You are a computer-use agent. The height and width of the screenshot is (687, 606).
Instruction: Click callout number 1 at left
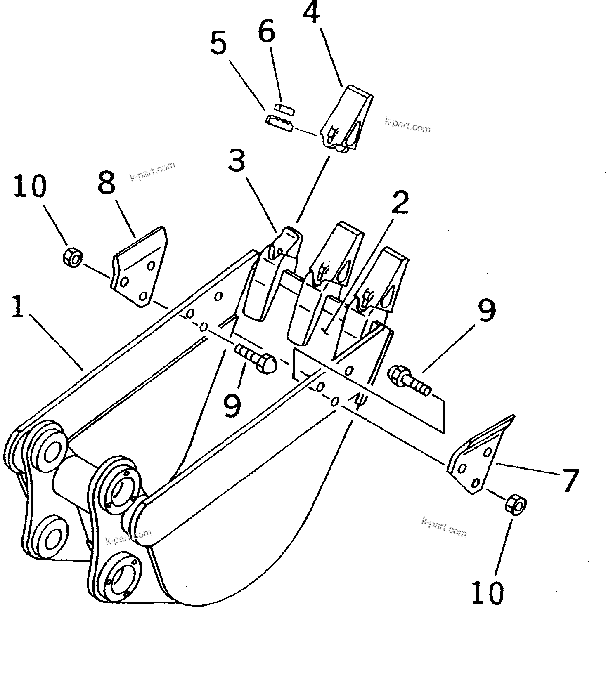click(17, 306)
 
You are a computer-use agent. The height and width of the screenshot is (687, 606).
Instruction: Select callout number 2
click(399, 202)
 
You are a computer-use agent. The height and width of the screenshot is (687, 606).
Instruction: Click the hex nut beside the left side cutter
click(73, 258)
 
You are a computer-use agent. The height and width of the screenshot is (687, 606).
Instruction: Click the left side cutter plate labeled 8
click(139, 267)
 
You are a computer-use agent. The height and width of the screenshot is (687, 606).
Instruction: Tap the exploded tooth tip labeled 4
click(346, 120)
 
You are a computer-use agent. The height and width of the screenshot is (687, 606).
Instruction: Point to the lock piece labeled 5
click(279, 122)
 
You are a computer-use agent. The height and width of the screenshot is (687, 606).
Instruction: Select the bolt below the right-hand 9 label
click(409, 380)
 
